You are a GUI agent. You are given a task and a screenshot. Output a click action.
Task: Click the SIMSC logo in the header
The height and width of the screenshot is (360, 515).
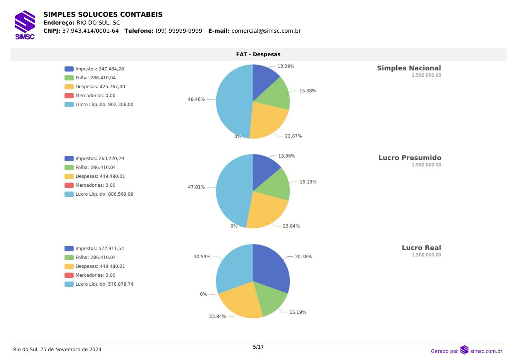point(25,25)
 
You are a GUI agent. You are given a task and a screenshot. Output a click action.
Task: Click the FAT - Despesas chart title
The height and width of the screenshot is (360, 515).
point(258,54)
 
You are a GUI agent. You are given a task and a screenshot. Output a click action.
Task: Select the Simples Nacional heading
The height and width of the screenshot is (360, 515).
point(409,68)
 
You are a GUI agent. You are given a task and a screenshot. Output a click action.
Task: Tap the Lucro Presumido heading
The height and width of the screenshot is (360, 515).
point(409,158)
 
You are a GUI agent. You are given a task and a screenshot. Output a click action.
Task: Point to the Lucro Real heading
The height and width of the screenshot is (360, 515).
point(421,248)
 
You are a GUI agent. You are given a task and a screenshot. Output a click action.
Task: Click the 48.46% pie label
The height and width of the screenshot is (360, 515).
point(196,99)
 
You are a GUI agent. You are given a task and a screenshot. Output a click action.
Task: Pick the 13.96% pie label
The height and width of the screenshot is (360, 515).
point(286,156)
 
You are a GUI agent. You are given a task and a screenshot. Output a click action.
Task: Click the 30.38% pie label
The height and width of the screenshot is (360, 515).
point(303,256)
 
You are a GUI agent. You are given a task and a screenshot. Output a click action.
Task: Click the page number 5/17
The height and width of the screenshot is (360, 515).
point(258,347)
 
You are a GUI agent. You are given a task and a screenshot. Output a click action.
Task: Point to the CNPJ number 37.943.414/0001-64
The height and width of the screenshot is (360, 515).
point(90,31)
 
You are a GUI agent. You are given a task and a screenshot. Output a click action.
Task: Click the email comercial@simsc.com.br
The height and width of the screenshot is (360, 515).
point(266,31)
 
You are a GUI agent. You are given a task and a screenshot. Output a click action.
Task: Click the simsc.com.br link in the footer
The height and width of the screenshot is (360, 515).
point(486,351)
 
